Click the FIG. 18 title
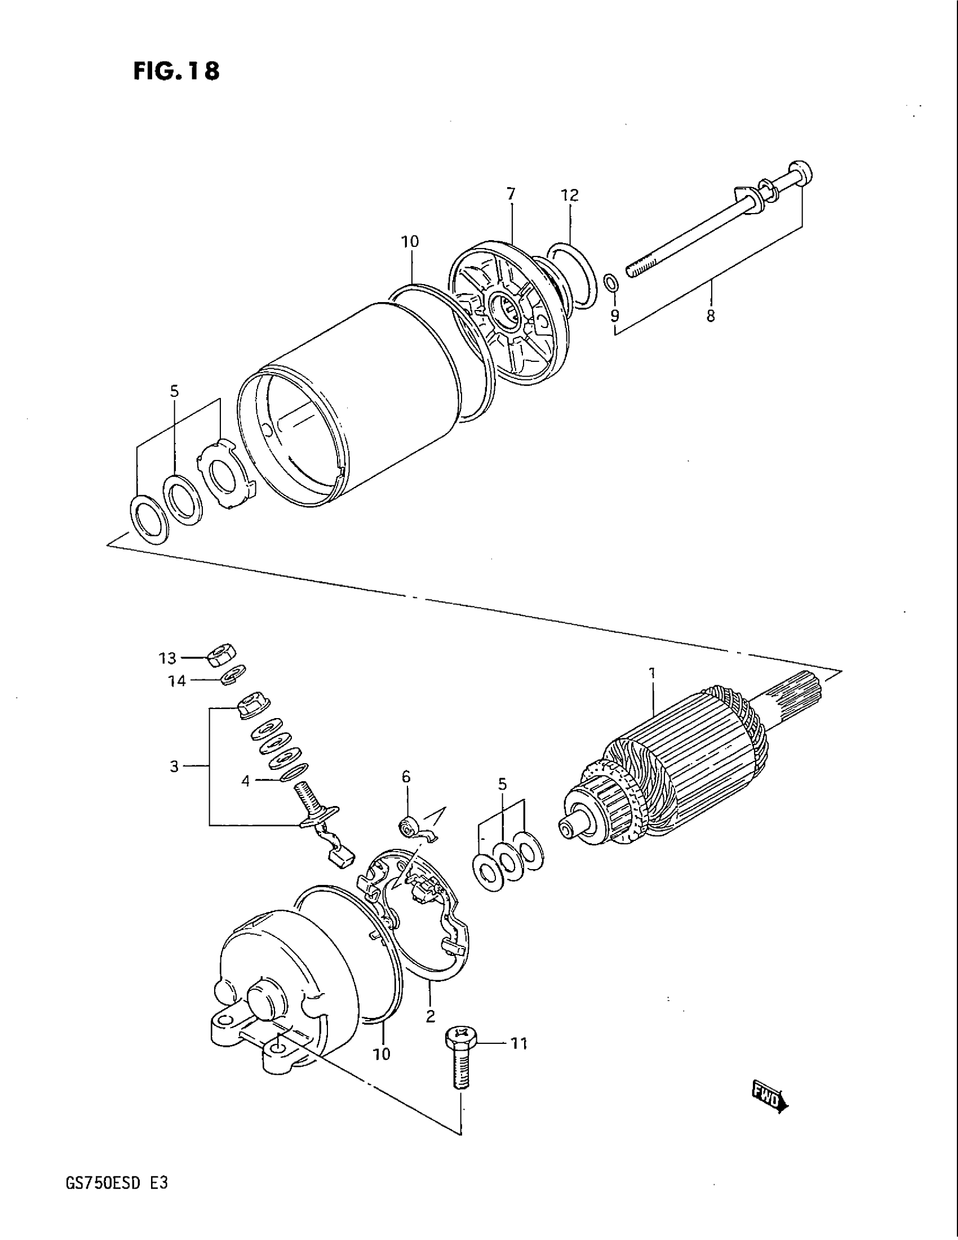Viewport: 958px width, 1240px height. pyautogui.click(x=176, y=72)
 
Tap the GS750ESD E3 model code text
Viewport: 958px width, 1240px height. pyautogui.click(x=111, y=1184)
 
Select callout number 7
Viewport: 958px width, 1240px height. pyautogui.click(x=511, y=194)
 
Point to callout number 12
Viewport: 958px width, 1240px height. pyautogui.click(x=570, y=196)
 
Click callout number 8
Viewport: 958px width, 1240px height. pyautogui.click(x=711, y=316)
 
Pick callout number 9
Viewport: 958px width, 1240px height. pyautogui.click(x=615, y=315)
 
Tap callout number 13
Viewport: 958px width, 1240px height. pyautogui.click(x=167, y=658)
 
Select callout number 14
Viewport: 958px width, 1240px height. pyautogui.click(x=177, y=681)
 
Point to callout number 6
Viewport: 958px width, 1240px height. pyautogui.click(x=406, y=777)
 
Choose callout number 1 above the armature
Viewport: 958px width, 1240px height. pyautogui.click(x=653, y=674)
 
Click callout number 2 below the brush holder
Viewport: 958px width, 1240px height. pyautogui.click(x=430, y=1016)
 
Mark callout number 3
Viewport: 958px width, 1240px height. pyautogui.click(x=174, y=767)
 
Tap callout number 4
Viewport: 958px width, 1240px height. pyautogui.click(x=245, y=781)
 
